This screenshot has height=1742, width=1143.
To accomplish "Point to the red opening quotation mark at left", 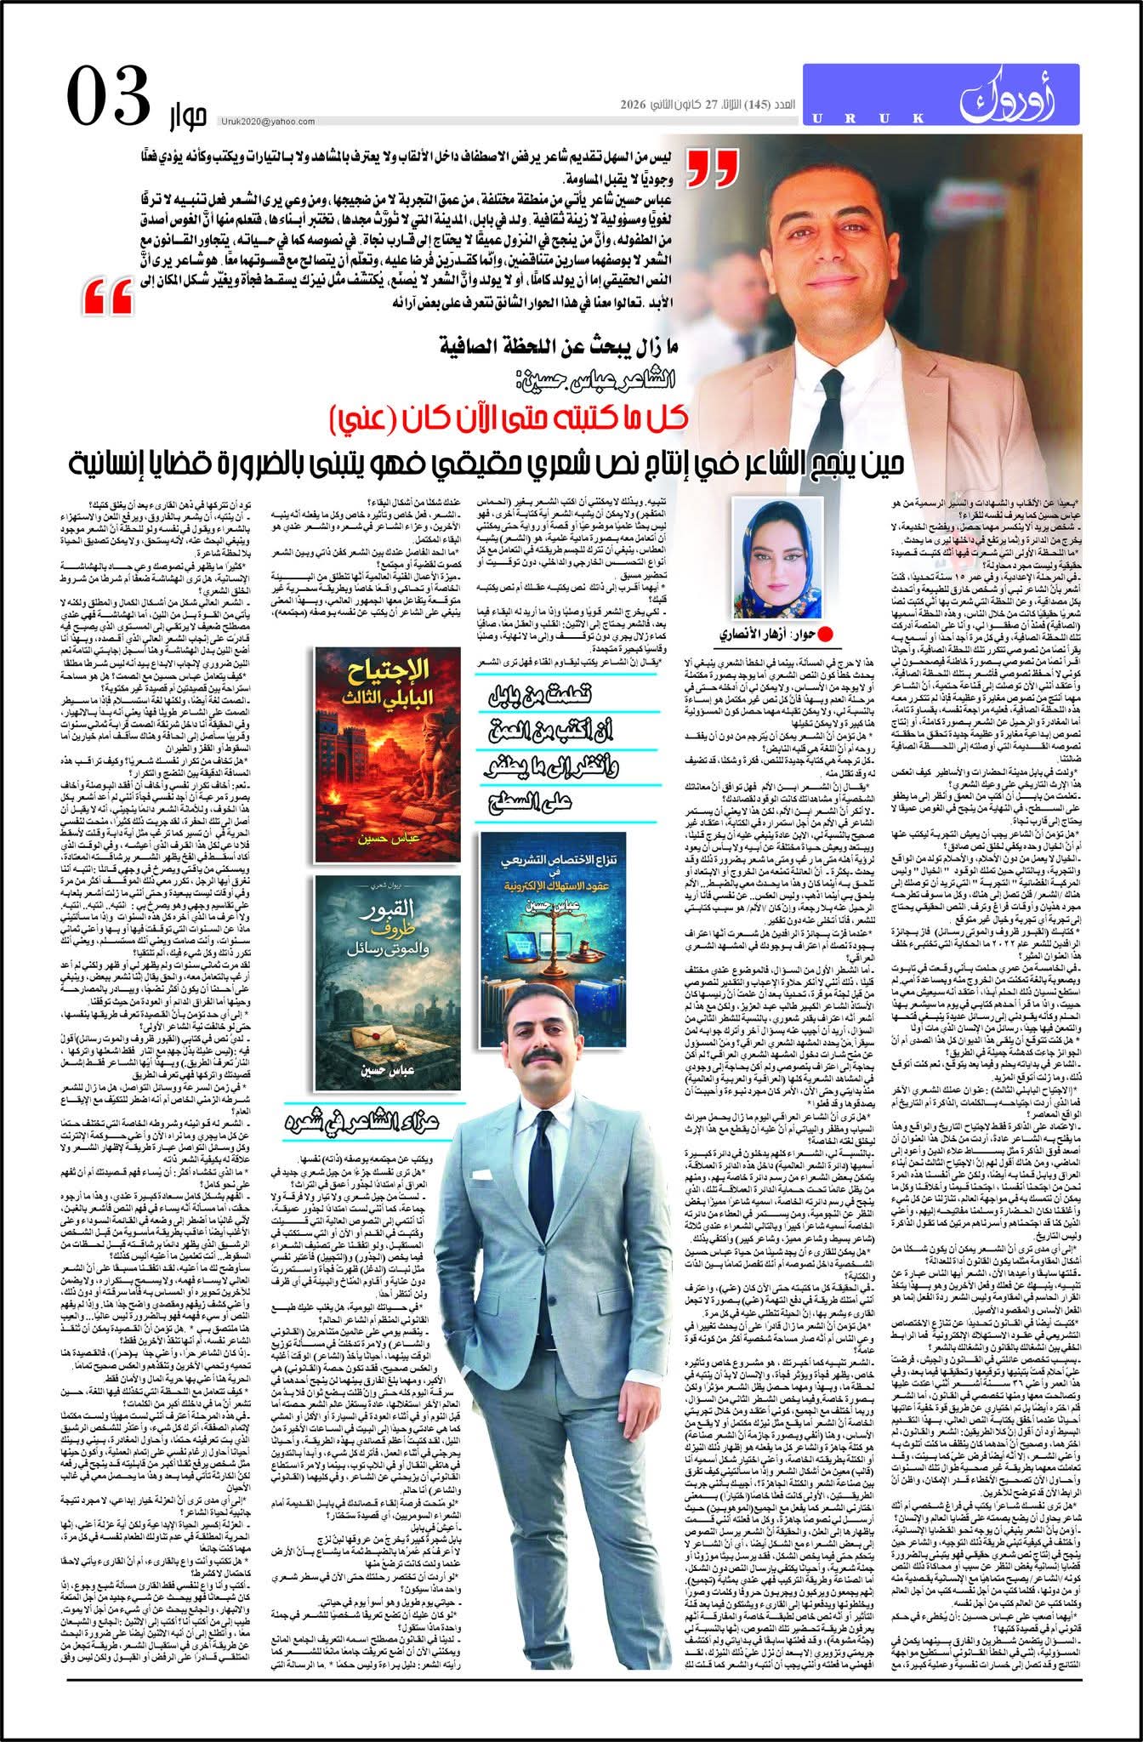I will click(x=109, y=299).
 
